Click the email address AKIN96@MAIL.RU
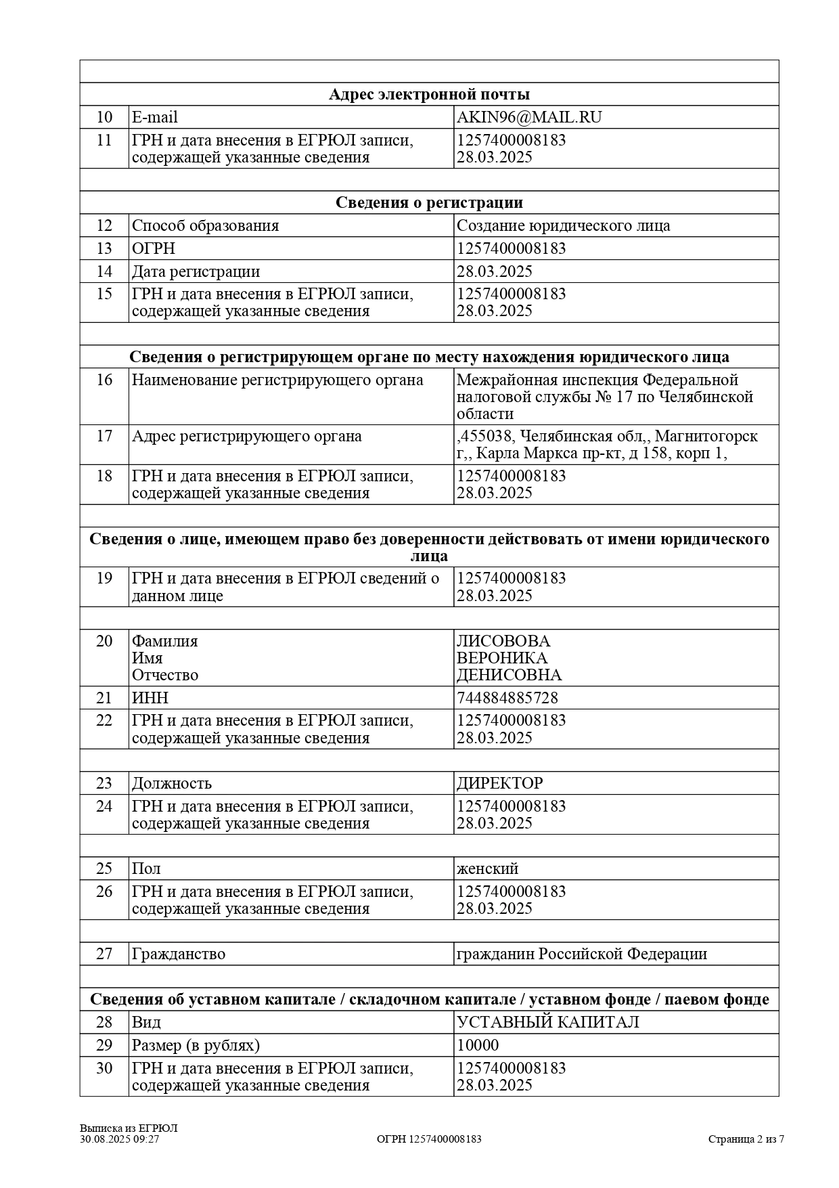[x=529, y=117]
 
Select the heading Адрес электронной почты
[x=429, y=94]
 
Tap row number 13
[x=104, y=248]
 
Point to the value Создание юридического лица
[x=563, y=225]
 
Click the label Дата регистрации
[x=196, y=271]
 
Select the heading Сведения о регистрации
[x=429, y=202]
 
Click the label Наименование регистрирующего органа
[x=277, y=380]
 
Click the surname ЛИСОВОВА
[x=503, y=641]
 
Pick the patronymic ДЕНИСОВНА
[x=509, y=675]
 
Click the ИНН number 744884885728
[x=507, y=698]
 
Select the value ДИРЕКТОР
[x=499, y=783]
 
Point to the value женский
[x=487, y=868]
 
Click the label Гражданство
[x=179, y=954]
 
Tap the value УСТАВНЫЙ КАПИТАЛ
[x=548, y=1022]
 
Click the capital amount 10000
[x=478, y=1045]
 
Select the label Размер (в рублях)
[x=196, y=1045]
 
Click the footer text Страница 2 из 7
[x=746, y=1139]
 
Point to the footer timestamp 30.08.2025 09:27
[x=120, y=1139]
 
